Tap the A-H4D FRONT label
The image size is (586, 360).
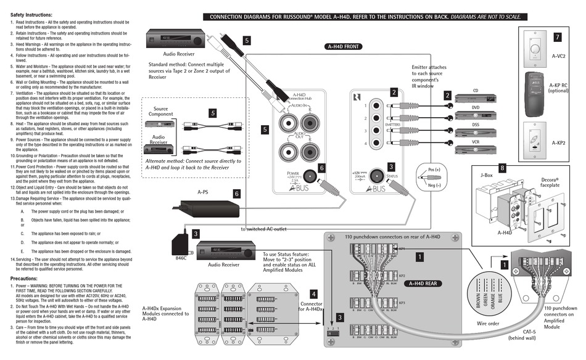[x=344, y=46]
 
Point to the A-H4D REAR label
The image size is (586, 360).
[x=421, y=284]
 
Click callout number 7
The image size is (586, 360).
[x=558, y=38]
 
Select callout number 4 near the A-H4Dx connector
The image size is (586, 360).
[x=313, y=294]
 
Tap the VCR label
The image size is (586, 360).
[x=475, y=142]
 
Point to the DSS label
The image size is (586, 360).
[x=475, y=124]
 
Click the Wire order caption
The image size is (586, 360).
[x=487, y=322]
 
